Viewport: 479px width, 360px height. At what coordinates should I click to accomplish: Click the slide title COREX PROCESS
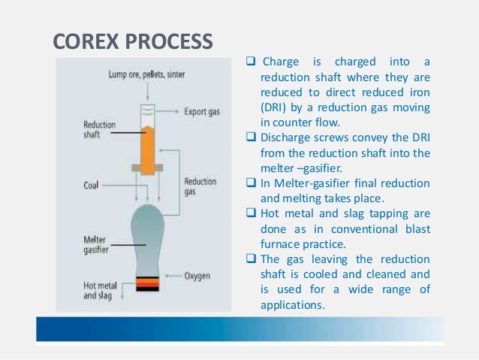coord(132,41)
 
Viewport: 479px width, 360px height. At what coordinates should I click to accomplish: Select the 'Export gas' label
coord(202,113)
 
